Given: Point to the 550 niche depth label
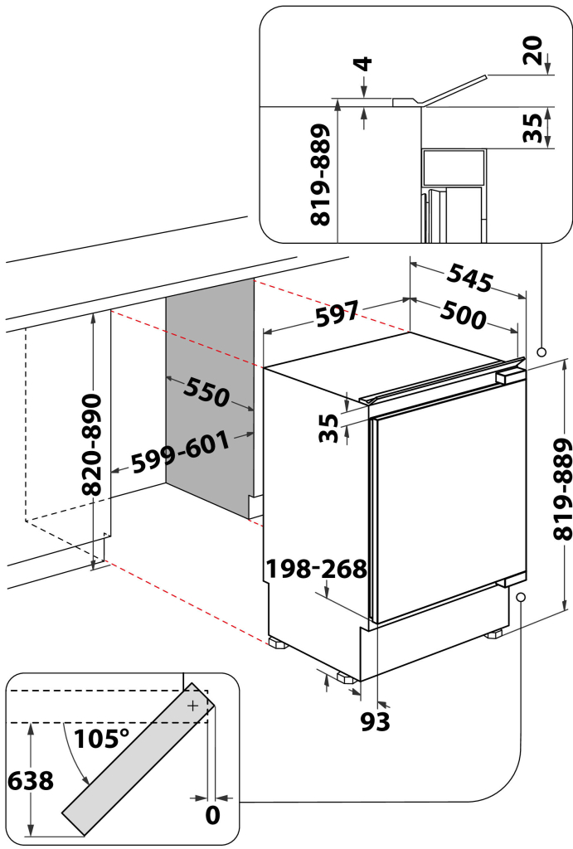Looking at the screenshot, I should point(206,391).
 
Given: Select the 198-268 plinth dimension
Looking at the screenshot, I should point(316,569).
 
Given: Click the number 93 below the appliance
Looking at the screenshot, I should point(376,722).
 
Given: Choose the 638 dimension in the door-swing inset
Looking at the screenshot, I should point(29,780).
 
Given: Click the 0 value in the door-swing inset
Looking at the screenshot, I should point(212,815).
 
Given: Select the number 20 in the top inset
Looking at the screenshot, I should point(533,51).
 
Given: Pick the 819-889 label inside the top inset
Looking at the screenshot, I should point(321,175).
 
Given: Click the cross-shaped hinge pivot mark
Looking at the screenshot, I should point(192,706).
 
